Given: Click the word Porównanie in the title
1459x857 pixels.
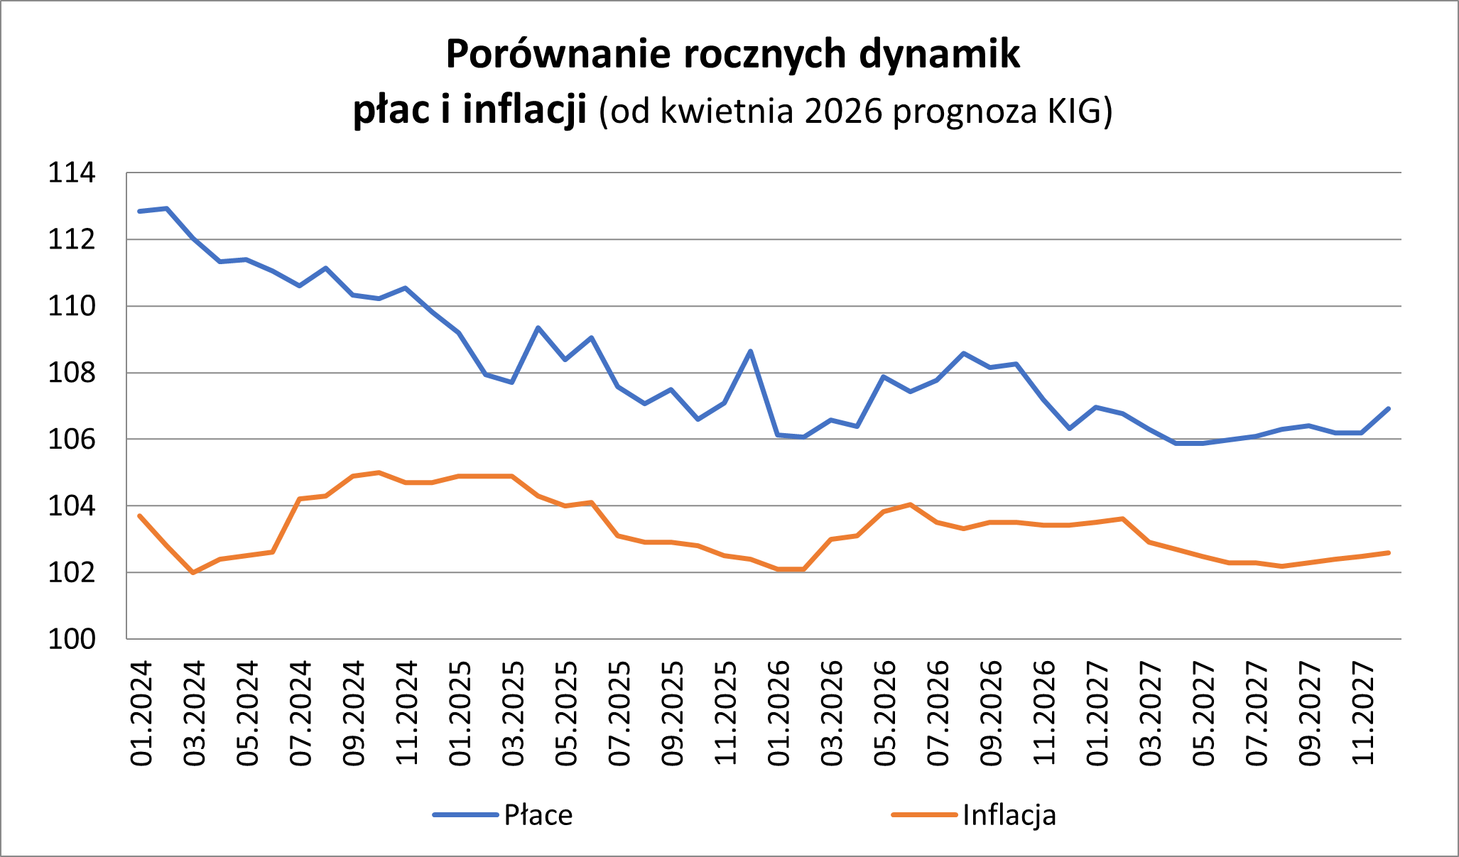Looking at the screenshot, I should click(x=558, y=55).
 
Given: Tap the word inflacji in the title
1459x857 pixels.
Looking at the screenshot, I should click(x=525, y=110).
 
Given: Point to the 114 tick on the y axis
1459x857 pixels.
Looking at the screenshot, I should click(x=71, y=173).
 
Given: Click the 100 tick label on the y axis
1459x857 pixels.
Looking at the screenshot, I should click(x=71, y=639).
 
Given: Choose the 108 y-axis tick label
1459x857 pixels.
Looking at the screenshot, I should click(x=71, y=373).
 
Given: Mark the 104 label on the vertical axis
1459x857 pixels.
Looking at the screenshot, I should click(x=71, y=506).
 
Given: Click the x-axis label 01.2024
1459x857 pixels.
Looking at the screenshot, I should click(x=141, y=713).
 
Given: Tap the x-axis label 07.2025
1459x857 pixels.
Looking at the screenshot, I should click(x=619, y=713).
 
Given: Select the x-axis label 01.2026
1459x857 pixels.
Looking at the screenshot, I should click(x=779, y=713).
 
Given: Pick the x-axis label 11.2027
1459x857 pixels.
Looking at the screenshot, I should click(x=1363, y=713).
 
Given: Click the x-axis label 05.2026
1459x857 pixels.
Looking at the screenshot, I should click(x=885, y=713).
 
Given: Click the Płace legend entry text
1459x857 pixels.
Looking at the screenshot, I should click(x=538, y=815).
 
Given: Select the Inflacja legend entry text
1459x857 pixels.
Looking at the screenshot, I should click(x=1009, y=815).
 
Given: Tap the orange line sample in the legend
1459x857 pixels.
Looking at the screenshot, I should click(x=924, y=815).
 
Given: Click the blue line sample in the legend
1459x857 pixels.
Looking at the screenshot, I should click(x=465, y=815).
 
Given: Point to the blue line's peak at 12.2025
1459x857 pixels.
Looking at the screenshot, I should click(x=751, y=351).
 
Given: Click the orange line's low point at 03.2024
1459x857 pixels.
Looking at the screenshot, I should click(x=193, y=572).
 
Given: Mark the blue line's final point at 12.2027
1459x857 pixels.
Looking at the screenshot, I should click(x=1388, y=408).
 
